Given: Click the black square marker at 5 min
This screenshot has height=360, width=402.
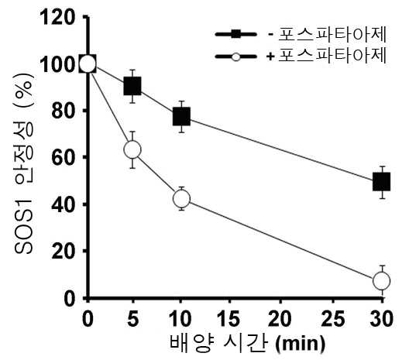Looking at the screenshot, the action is pyautogui.click(x=132, y=86).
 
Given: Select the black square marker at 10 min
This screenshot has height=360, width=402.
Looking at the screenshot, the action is pyautogui.click(x=181, y=116).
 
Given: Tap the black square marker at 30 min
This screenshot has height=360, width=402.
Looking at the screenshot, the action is pyautogui.click(x=382, y=182).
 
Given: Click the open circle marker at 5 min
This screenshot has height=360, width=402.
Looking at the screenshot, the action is pyautogui.click(x=132, y=149).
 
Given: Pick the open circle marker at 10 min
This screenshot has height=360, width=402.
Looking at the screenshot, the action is pyautogui.click(x=182, y=198).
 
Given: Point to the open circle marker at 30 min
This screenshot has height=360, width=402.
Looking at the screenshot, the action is pyautogui.click(x=382, y=280).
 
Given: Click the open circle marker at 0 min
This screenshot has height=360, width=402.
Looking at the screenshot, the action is pyautogui.click(x=88, y=63).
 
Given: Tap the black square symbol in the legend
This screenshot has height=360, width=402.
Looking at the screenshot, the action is pyautogui.click(x=236, y=34).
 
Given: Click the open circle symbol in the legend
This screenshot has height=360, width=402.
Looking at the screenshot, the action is pyautogui.click(x=236, y=57).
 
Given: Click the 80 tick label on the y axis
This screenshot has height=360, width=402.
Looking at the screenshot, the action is pyautogui.click(x=64, y=111).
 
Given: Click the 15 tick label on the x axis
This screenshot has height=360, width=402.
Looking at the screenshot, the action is pyautogui.click(x=228, y=318).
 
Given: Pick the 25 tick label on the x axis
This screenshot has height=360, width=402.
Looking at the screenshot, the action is pyautogui.click(x=333, y=318).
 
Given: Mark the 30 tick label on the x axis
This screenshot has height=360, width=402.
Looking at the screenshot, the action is pyautogui.click(x=382, y=318).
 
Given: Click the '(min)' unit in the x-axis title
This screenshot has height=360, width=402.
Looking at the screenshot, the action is pyautogui.click(x=301, y=344).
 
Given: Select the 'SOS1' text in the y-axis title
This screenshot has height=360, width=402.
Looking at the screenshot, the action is pyautogui.click(x=24, y=227).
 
